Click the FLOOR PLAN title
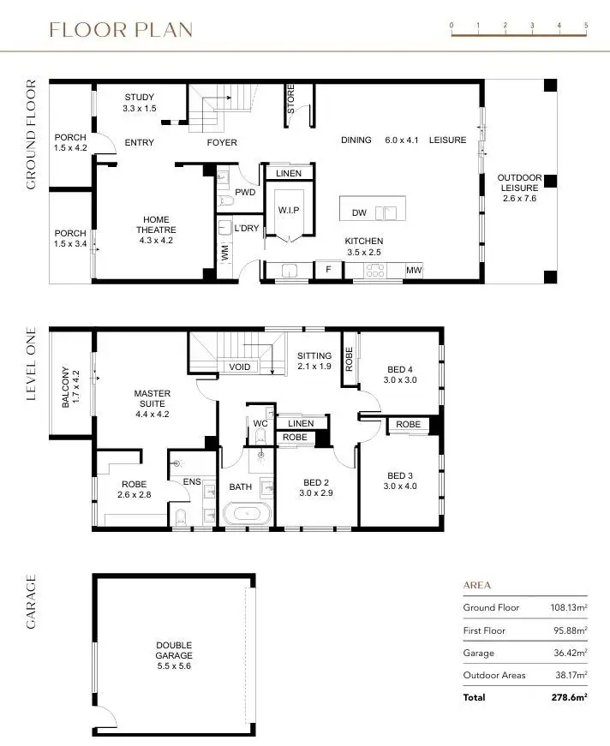coord(121,31)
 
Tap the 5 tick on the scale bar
coord(586,27)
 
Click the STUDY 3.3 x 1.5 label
coord(141,103)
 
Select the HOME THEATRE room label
coord(155,229)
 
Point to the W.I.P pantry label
coord(288,210)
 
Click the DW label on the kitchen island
coord(360,212)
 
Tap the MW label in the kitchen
coord(414,272)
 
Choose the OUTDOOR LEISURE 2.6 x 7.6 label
coord(519,188)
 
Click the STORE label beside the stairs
coord(290,99)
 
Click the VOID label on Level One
coord(239,367)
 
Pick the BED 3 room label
coord(400,481)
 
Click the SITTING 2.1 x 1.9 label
coord(314,361)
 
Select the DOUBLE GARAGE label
coord(174,650)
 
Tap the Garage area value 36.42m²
coord(568,653)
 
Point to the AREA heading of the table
coord(476,586)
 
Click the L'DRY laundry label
coord(246,229)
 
